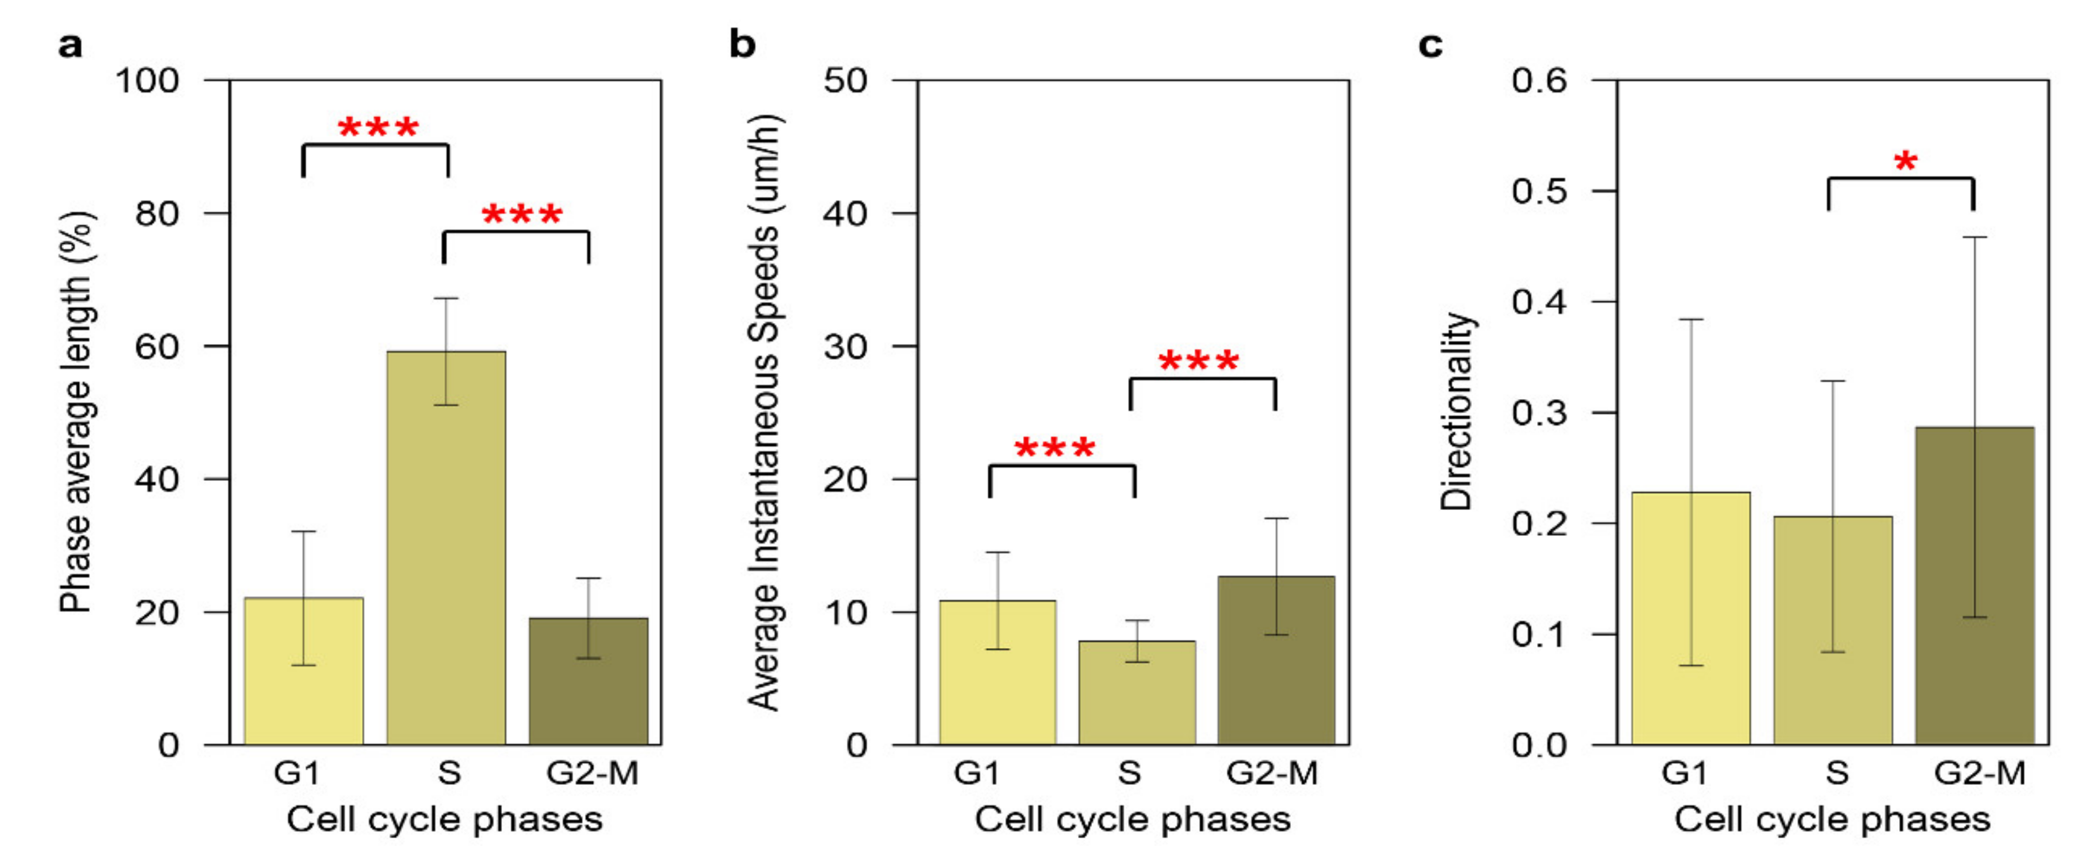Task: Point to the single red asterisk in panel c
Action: [x=1905, y=162]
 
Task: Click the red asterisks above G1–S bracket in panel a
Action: [x=378, y=128]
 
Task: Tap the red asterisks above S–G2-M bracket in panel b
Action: [x=1198, y=361]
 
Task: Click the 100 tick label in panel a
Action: [x=148, y=81]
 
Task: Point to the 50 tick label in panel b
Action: [x=845, y=81]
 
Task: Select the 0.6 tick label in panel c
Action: [x=1540, y=81]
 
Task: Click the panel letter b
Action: [x=742, y=44]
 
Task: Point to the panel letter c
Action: [x=1430, y=44]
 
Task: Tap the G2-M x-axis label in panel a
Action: [x=592, y=773]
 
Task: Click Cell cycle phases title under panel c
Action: [x=1833, y=819]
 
